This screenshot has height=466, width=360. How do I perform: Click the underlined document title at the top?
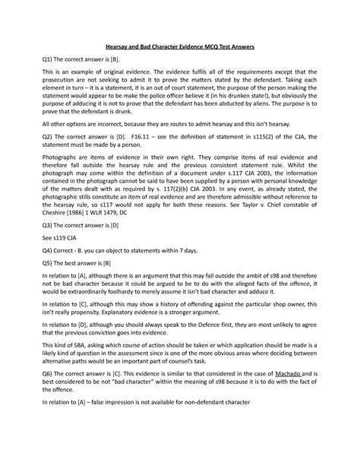(x=180, y=47)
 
